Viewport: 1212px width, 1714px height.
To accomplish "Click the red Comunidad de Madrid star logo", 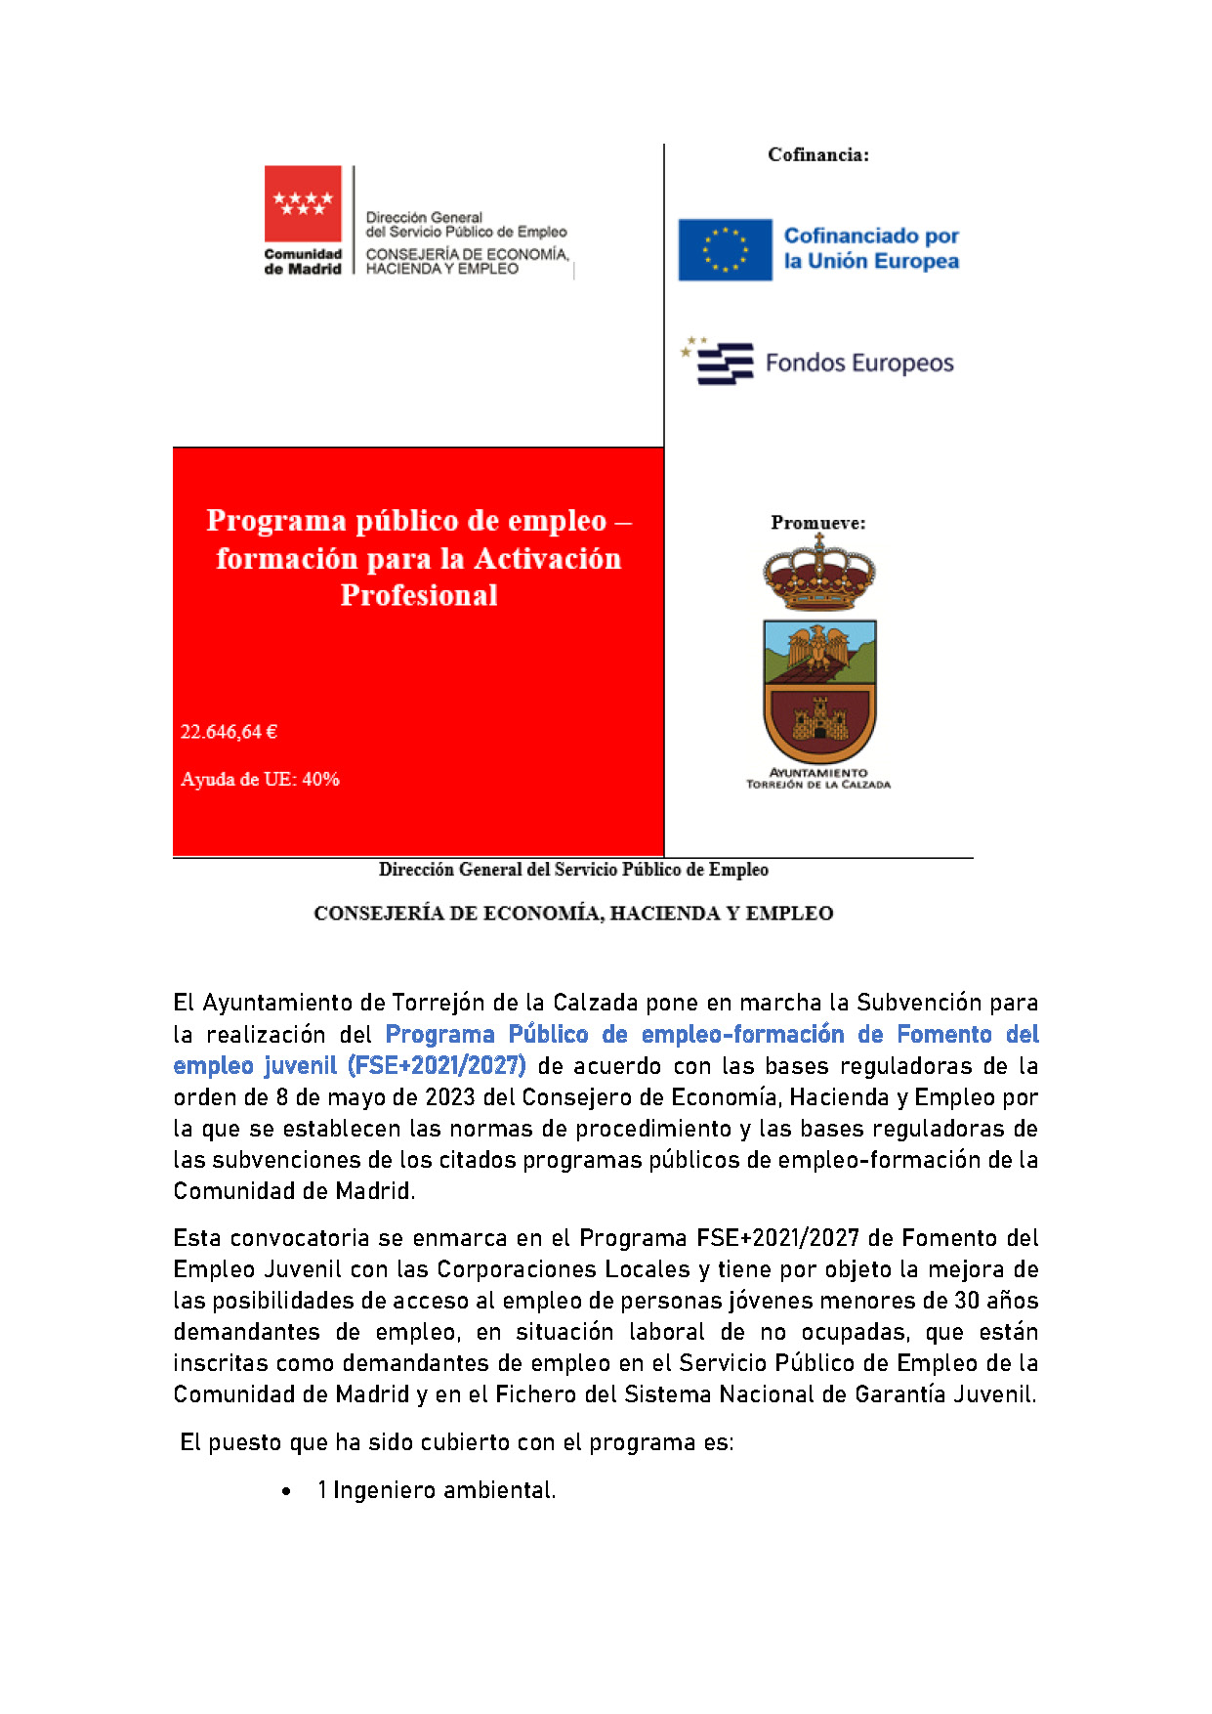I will [x=303, y=203].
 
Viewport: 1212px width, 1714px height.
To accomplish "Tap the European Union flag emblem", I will [x=725, y=249].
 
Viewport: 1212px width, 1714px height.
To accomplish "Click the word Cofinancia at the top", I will [x=817, y=154].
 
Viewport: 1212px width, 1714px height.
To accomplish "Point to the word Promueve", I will [x=817, y=523].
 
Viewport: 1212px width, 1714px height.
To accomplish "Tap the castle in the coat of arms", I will [x=818, y=721].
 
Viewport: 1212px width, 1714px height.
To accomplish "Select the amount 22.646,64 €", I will [x=229, y=732].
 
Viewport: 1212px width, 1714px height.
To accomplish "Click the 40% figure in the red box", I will [x=320, y=779].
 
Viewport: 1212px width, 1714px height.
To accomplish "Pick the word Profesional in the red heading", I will [x=419, y=595].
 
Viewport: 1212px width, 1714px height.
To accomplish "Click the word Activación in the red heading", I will [x=547, y=559].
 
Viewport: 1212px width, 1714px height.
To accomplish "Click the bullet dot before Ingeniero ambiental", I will [x=286, y=1491].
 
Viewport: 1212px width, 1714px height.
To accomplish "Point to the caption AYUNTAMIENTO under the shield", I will [x=818, y=772].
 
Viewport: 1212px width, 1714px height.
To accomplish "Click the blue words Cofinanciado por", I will [x=871, y=236].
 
